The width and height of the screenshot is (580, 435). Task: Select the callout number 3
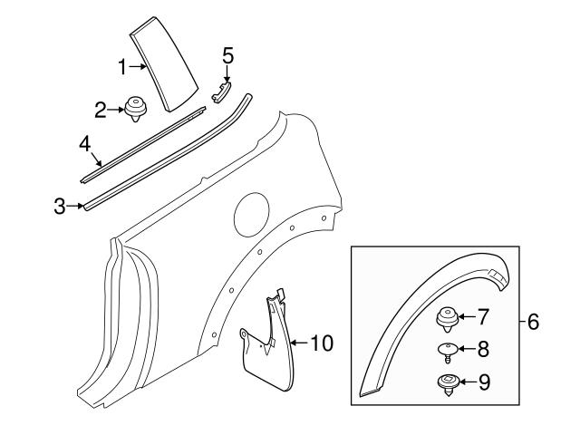point(60,208)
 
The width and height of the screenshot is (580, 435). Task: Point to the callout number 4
point(83,144)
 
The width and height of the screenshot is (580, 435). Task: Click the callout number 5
point(227,55)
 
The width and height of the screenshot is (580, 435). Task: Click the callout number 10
point(321,343)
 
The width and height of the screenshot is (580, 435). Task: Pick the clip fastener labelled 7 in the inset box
point(447,318)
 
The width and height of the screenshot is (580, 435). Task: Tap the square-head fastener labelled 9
point(447,382)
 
